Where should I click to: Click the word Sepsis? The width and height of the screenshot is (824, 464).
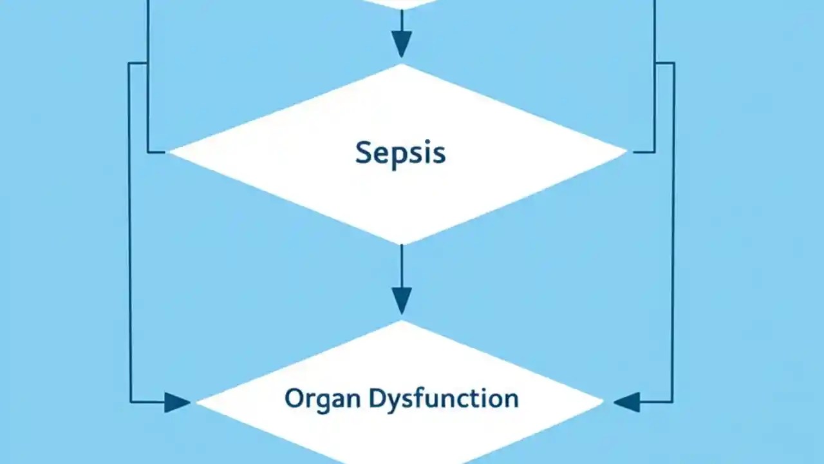[x=400, y=153]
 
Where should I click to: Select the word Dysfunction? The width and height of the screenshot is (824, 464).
[x=444, y=398]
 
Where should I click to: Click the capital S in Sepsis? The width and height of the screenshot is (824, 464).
[x=363, y=153]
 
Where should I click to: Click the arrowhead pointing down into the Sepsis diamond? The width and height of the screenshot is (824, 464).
[x=401, y=45]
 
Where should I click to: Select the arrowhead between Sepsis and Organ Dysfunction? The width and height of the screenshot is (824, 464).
[x=401, y=300]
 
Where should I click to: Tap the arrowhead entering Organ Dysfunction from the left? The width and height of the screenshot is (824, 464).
[x=177, y=402]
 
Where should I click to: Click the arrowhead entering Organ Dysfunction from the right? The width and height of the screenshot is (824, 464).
[x=626, y=402]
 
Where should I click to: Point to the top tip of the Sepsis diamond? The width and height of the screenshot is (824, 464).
[x=401, y=64]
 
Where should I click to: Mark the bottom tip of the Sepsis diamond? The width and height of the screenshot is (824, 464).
[x=401, y=244]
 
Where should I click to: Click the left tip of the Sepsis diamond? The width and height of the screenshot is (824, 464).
[x=170, y=153]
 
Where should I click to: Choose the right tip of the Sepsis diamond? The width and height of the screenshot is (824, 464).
[x=626, y=153]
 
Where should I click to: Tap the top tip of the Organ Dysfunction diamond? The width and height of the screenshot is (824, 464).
[x=401, y=321]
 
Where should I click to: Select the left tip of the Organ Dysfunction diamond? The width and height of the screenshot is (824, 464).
[x=198, y=402]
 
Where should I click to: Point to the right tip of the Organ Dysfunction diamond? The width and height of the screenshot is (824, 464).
[x=603, y=402]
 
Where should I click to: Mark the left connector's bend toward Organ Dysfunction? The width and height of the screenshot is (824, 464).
[x=131, y=402]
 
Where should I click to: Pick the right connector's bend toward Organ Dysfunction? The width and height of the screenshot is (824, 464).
[x=673, y=402]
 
